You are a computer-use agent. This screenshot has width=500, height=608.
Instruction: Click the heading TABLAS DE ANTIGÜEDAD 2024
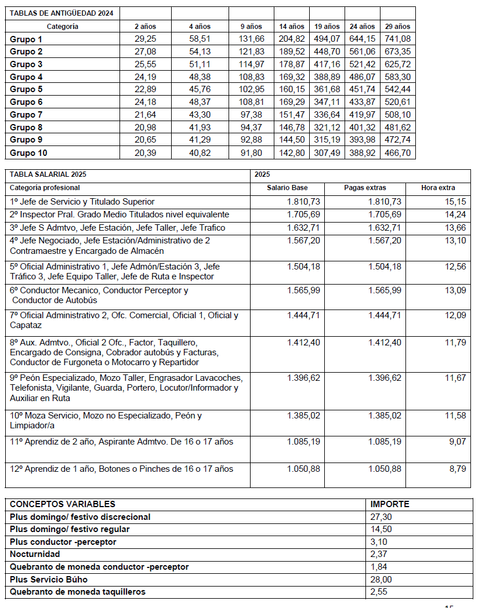pyautogui.click(x=61, y=13)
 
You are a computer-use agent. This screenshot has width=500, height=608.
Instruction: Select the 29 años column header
pyautogui.click(x=398, y=26)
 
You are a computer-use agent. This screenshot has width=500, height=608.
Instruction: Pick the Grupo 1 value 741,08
pyautogui.click(x=398, y=39)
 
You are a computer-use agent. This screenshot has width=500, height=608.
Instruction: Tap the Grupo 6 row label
pyautogui.click(x=27, y=102)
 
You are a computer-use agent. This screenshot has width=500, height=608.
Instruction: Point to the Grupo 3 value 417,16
pyautogui.click(x=327, y=64)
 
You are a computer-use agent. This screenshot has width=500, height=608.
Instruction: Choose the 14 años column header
pyautogui.click(x=292, y=26)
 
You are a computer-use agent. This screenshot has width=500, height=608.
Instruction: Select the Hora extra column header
pyautogui.click(x=438, y=188)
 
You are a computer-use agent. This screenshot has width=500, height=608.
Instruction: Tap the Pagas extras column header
pyautogui.click(x=365, y=188)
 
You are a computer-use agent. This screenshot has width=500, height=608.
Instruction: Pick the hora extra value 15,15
pyautogui.click(x=456, y=202)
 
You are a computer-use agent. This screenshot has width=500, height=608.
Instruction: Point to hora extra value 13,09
pyautogui.click(x=456, y=290)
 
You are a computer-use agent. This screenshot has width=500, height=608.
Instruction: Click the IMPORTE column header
pyautogui.click(x=390, y=504)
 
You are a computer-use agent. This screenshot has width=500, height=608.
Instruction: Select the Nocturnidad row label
pyautogui.click(x=35, y=555)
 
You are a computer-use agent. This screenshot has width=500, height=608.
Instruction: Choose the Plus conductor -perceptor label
pyautogui.click(x=63, y=542)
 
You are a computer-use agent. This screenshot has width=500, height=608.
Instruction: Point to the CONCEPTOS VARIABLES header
pyautogui.click(x=63, y=504)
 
